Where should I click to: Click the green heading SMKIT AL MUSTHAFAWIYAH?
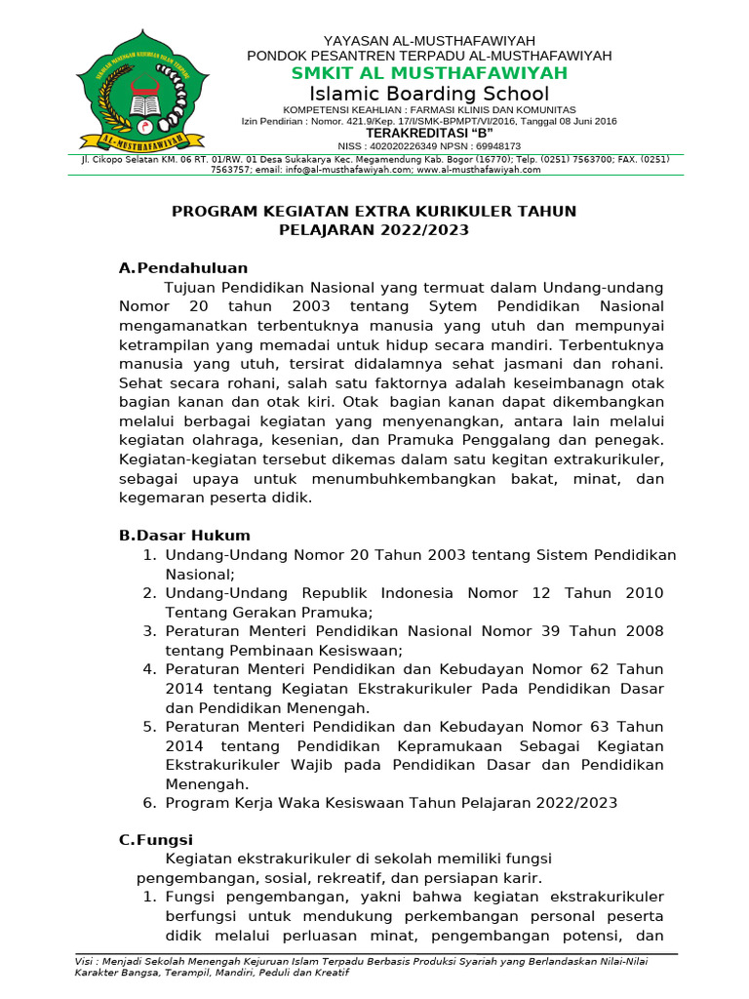[429, 74]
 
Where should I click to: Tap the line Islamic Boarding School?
[429, 94]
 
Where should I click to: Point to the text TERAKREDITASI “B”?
[429, 133]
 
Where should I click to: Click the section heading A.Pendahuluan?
[182, 267]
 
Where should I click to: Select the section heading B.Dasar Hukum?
[184, 535]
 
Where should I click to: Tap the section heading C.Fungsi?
[155, 839]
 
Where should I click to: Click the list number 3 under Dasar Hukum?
[149, 631]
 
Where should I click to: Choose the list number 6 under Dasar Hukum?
[149, 803]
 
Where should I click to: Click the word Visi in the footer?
[86, 961]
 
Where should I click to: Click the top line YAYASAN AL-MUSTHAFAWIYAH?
[429, 40]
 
